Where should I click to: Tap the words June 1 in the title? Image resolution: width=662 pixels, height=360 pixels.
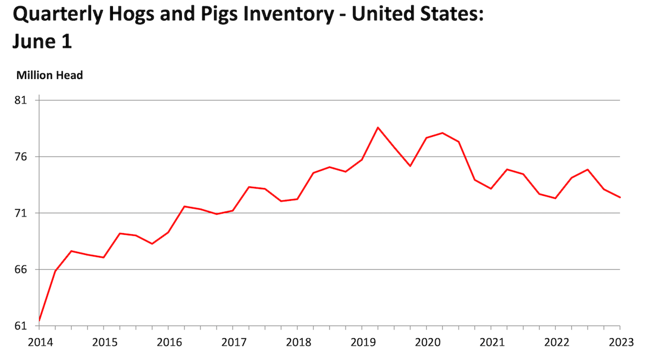(42, 42)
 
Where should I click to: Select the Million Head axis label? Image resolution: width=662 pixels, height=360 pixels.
(50, 75)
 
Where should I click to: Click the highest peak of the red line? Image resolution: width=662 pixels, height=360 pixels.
(378, 127)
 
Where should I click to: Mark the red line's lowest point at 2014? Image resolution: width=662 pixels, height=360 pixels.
(39, 321)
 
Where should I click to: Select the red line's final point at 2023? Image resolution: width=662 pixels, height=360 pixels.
(620, 198)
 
